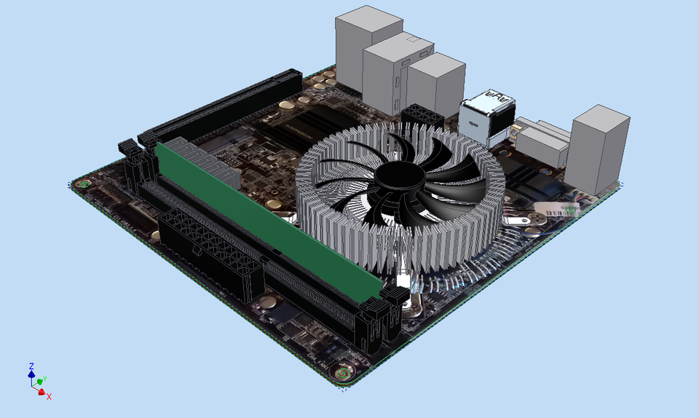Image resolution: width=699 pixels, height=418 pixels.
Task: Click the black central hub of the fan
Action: coord(399,175)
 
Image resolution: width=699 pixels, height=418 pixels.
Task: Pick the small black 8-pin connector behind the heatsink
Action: coord(421,117)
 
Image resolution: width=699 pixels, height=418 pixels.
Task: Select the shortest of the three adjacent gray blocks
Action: coord(435,84)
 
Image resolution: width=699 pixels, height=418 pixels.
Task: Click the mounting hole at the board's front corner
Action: coord(342,374)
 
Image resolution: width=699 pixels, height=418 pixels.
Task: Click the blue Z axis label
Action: coord(31,366)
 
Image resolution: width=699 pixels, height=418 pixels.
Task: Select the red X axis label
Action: coord(50,396)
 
